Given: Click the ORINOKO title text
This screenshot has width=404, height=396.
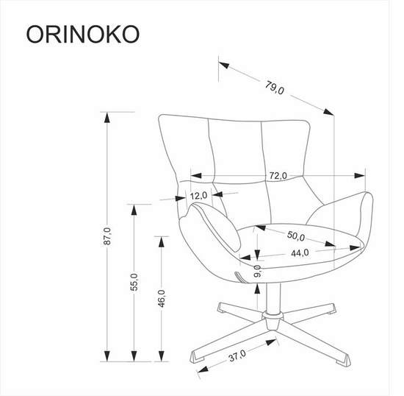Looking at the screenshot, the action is pyautogui.click(x=83, y=35).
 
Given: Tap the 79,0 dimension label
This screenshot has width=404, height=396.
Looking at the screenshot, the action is pyautogui.click(x=275, y=88).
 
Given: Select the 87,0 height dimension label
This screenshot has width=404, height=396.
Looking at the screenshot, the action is pyautogui.click(x=107, y=236).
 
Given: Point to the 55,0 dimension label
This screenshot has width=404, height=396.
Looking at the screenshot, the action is pyautogui.click(x=134, y=282).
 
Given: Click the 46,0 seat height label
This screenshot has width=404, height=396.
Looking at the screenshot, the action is pyautogui.click(x=162, y=298).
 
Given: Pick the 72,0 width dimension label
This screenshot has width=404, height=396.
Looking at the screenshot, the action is pyautogui.click(x=278, y=175).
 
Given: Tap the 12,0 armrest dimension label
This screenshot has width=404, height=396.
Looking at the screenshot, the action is pyautogui.click(x=198, y=196).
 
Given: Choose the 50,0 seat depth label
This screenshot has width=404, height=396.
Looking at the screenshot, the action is pyautogui.click(x=296, y=236).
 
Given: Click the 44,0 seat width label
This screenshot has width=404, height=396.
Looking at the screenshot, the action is pyautogui.click(x=300, y=253).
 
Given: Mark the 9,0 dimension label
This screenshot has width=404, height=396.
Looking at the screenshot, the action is pyautogui.click(x=257, y=271).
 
